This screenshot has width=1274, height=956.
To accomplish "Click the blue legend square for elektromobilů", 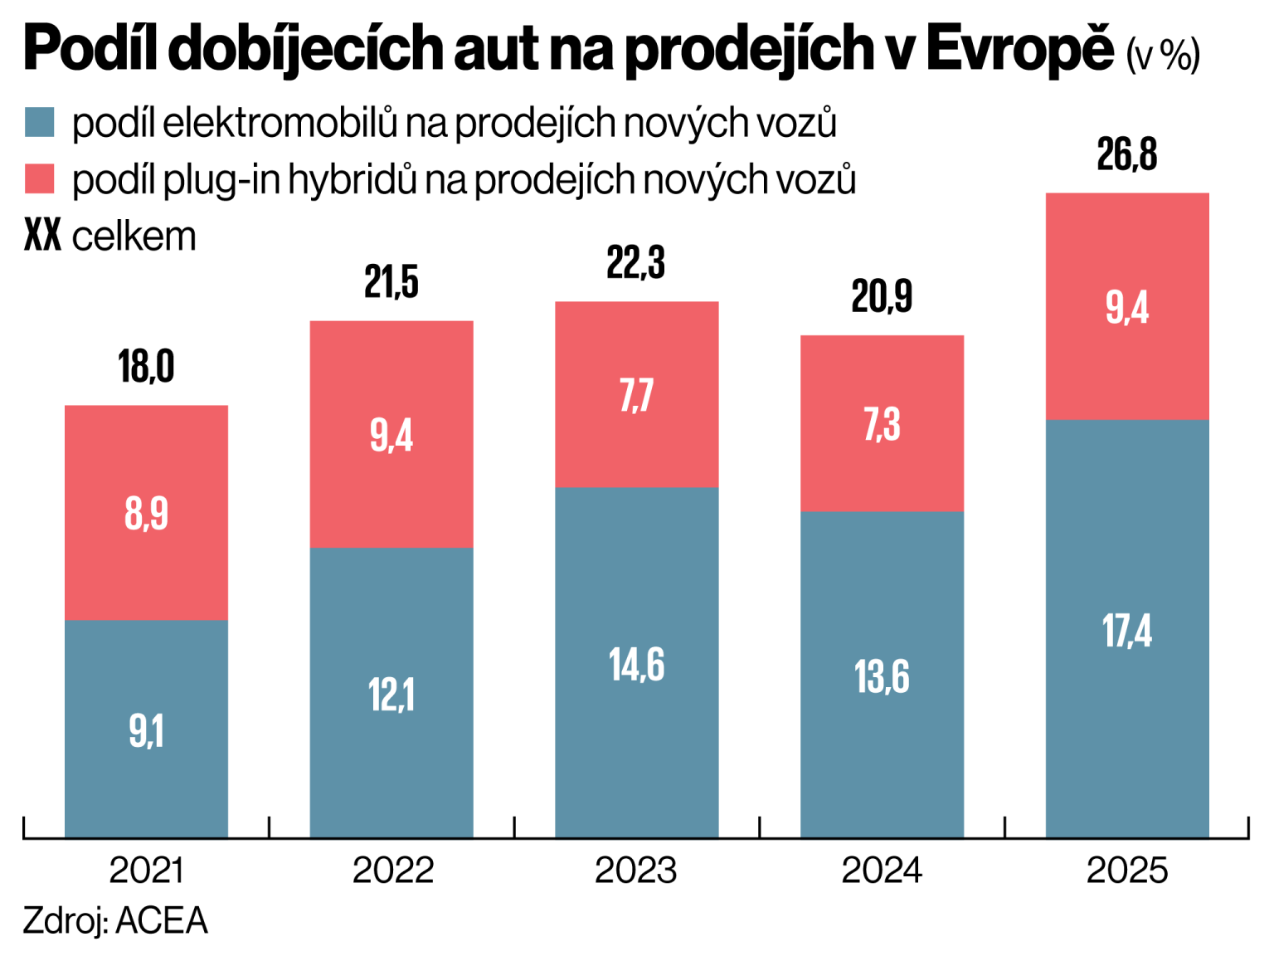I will tap(39, 122).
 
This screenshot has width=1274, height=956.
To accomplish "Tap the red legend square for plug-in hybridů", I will tap(39, 178).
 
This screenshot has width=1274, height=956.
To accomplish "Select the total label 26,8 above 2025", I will tap(1126, 154).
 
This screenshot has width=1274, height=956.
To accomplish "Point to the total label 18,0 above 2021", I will tap(146, 367).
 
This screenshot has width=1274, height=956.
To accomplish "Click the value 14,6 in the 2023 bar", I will tap(636, 665).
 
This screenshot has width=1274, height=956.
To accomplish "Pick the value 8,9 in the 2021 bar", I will tap(146, 513).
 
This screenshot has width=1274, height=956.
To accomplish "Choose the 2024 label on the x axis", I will tap(881, 871).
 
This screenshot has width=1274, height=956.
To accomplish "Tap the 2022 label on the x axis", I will tap(392, 871).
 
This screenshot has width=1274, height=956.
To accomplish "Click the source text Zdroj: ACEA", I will tap(115, 921).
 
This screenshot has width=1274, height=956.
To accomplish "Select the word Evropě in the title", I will tap(1019, 48).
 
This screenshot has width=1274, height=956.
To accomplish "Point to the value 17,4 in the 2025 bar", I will tap(1126, 631).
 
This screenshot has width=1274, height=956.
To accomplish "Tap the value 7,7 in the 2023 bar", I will tap(636, 395).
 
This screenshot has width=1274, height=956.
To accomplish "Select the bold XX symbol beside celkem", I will tap(42, 237).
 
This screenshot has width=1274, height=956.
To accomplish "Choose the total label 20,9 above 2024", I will tap(881, 296).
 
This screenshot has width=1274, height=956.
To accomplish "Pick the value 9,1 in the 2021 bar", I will tap(146, 731).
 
